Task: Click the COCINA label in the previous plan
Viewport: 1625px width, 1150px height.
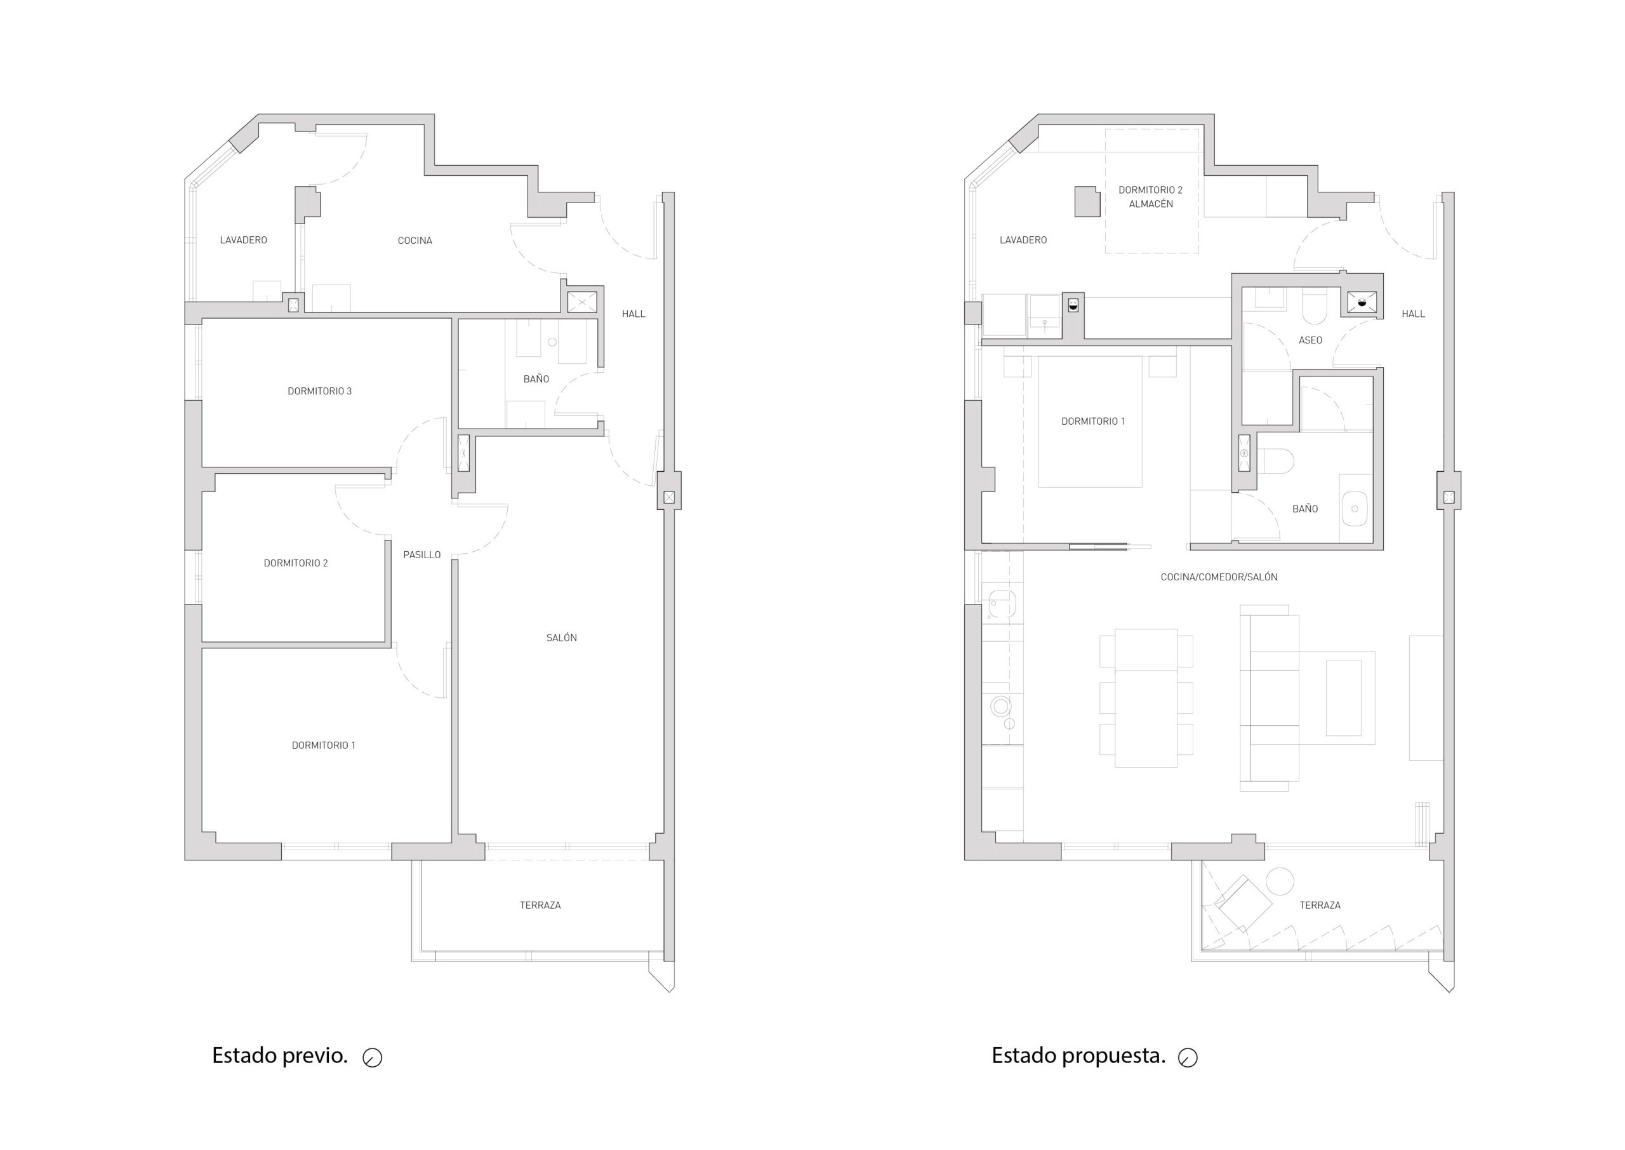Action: click(415, 241)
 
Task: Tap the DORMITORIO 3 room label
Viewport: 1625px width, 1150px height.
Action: click(319, 391)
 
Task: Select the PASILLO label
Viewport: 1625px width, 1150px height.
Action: click(422, 554)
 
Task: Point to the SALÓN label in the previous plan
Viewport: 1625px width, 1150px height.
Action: click(561, 638)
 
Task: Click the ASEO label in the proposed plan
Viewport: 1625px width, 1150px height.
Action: click(1310, 340)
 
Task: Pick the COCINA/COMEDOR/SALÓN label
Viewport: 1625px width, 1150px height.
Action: click(1219, 577)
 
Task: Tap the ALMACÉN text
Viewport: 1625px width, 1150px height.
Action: click(1151, 204)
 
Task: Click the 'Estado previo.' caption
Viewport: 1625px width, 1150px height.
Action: click(279, 1056)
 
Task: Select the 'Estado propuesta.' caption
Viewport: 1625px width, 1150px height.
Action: click(1078, 1056)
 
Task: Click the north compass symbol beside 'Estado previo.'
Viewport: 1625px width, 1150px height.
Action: click(372, 1058)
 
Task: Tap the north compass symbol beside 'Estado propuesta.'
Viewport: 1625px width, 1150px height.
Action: click(1188, 1058)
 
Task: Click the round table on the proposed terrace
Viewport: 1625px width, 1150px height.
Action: click(1280, 881)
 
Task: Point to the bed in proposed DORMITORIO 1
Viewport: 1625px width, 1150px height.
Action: click(1090, 422)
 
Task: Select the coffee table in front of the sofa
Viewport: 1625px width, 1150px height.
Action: click(1343, 697)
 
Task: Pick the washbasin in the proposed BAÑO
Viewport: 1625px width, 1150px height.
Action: click(1355, 509)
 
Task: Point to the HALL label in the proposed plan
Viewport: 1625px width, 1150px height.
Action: click(1413, 314)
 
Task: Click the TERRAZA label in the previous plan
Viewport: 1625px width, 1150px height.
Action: click(540, 905)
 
